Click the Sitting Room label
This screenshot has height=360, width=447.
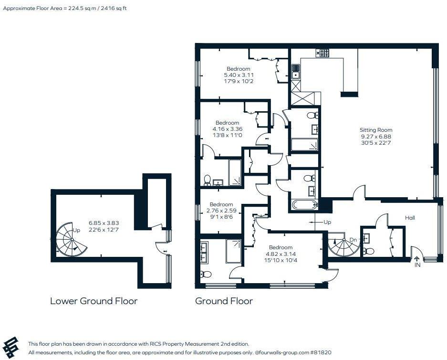[376, 130]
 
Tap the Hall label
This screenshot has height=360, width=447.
[410, 218]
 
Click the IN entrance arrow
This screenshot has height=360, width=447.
[417, 259]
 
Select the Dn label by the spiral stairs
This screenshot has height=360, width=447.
[353, 240]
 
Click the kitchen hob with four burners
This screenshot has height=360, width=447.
[322, 53]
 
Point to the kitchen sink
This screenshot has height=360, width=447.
[296, 71]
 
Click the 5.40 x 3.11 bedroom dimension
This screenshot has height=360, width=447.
[239, 75]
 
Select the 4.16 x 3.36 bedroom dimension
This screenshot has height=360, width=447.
[228, 129]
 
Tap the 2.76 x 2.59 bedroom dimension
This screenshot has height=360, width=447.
[221, 211]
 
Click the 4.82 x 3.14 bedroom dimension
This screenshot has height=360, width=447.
[281, 254]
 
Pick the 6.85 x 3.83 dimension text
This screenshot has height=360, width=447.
[104, 223]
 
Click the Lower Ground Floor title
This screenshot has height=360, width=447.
[94, 301]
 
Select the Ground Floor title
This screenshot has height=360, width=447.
[224, 301]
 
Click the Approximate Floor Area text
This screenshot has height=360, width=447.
[65, 8]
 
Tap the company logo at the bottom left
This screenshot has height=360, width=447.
[10, 347]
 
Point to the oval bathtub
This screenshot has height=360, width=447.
[305, 204]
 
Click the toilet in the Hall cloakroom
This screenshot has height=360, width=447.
[368, 251]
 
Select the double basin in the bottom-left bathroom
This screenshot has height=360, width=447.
[204, 253]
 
